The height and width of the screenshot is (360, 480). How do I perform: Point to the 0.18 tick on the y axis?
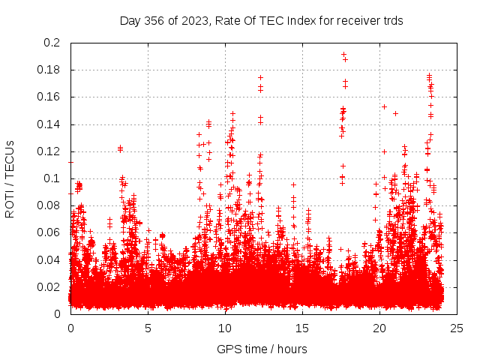coord(51,70)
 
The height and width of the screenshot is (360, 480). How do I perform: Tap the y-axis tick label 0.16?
coord(51,97)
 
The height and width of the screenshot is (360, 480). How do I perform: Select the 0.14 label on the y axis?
coord(51,124)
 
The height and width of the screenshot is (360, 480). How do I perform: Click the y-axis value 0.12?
coord(51,151)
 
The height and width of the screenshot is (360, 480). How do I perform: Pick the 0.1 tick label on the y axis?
coord(54,178)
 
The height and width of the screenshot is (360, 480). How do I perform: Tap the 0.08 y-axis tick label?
coord(51,205)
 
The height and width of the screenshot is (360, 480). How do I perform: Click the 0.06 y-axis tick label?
coord(51,232)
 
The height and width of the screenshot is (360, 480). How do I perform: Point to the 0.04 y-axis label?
coord(51,259)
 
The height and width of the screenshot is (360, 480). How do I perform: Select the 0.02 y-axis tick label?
coord(51,286)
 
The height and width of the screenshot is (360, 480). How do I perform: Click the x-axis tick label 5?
coord(148,328)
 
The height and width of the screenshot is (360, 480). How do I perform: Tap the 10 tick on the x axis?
coord(225,328)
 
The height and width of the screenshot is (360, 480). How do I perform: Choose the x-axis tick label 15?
coord(302,328)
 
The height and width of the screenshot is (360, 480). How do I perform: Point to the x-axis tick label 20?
coord(379,328)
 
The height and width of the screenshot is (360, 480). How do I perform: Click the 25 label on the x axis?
coord(457,328)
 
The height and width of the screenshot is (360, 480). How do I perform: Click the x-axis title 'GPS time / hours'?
coord(262,349)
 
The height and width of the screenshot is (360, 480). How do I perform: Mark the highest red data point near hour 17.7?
coord(343,54)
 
